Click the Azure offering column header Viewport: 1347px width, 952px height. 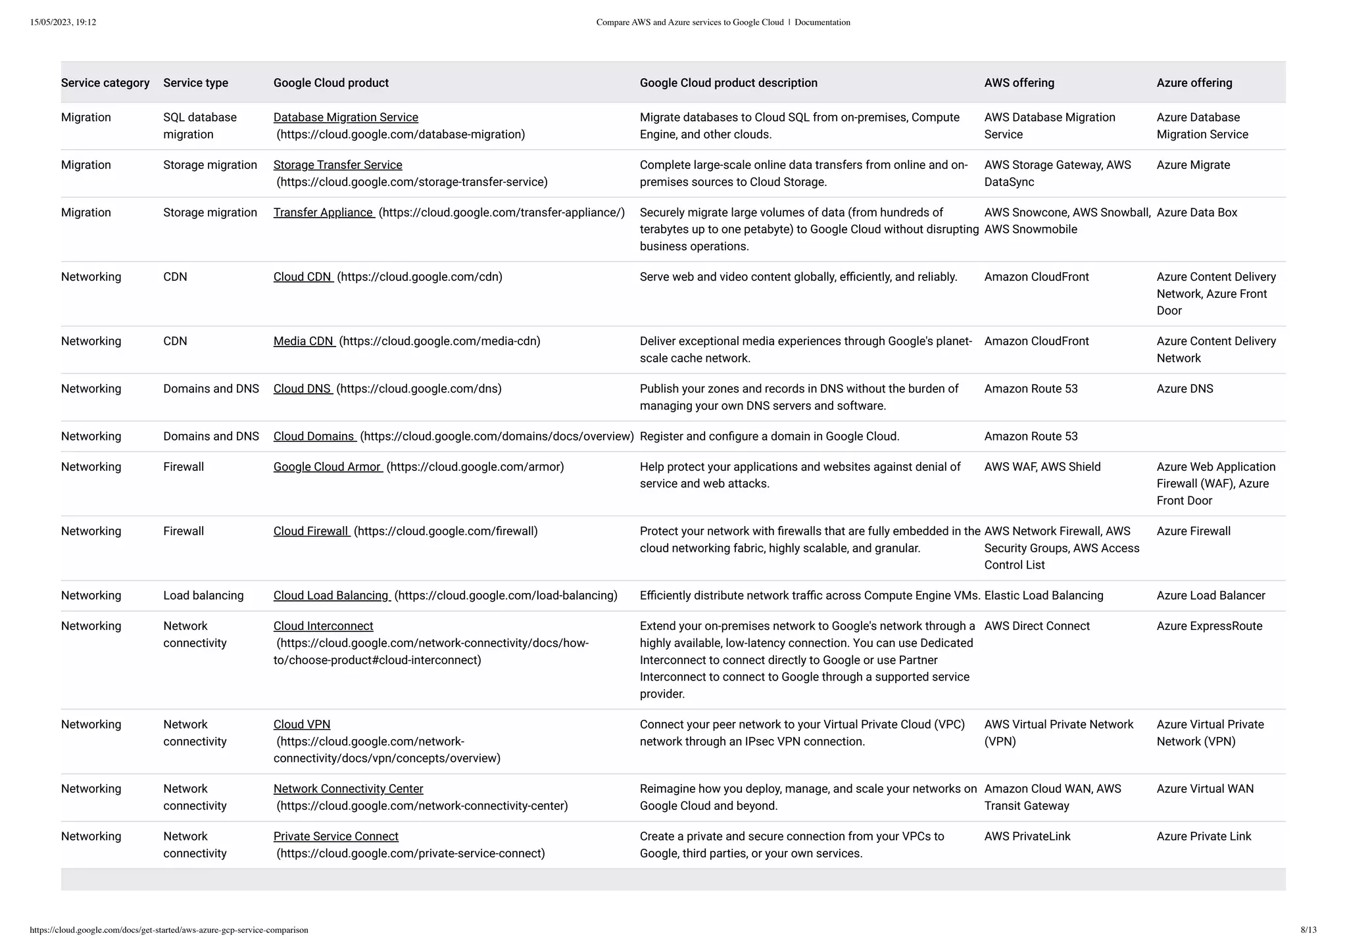coord(1194,83)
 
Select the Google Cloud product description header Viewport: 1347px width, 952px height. coord(728,83)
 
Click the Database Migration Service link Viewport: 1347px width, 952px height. coord(345,118)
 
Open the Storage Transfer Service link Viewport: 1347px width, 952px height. coord(337,165)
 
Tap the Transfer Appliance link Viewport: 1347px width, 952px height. coord(323,212)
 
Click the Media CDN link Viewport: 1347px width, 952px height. coord(303,341)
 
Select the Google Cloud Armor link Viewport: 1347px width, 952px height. coord(327,467)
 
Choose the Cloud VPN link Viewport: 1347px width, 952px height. coord(302,725)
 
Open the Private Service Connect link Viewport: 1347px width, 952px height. coord(335,836)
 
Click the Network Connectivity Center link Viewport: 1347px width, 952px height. coord(348,789)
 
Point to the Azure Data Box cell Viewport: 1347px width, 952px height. coord(1196,212)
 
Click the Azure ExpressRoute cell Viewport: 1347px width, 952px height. coord(1209,626)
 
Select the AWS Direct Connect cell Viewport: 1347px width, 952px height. coord(1037,626)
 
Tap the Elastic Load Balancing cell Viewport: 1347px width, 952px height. coord(1043,596)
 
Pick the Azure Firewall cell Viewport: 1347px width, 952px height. coord(1193,531)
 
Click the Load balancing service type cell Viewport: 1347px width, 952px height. coord(203,596)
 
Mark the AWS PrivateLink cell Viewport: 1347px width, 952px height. coord(1027,836)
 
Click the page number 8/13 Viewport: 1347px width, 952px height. coord(1308,930)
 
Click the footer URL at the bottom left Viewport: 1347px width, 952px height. coord(169,930)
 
